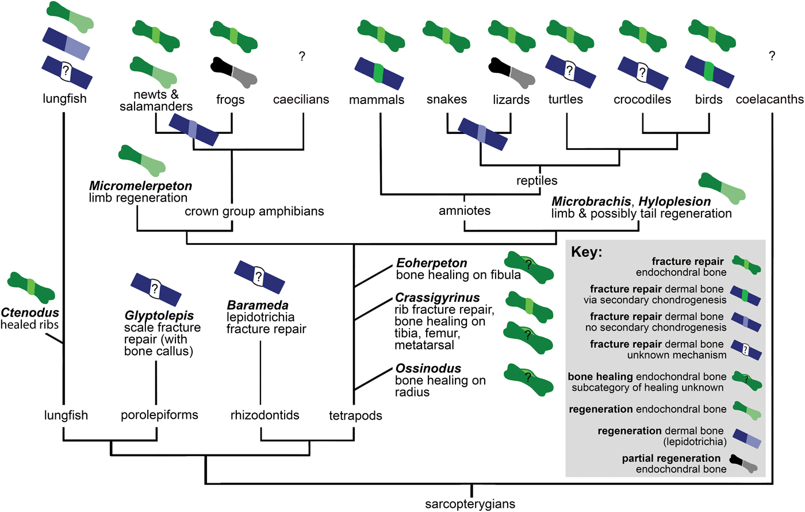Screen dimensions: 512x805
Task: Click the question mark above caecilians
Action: point(302,56)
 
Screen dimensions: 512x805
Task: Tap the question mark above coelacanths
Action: point(772,56)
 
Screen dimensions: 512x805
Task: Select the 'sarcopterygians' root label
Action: point(470,504)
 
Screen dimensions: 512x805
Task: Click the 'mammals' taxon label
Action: point(377,99)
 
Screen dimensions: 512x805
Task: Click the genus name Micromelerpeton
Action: point(141,186)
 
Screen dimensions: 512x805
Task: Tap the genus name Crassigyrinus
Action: point(438,298)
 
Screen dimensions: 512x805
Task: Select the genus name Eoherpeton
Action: point(432,263)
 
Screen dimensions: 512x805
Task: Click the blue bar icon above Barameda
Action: point(259,277)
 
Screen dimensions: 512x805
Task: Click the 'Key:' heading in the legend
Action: point(586,252)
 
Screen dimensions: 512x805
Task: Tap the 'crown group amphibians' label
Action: point(254,211)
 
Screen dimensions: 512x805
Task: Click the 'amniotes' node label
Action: point(465,210)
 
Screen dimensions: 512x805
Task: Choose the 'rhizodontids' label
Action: point(265,414)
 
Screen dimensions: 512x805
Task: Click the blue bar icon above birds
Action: point(710,72)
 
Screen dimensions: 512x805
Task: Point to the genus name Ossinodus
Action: point(428,368)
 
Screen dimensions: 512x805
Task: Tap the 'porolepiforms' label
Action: point(159,414)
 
